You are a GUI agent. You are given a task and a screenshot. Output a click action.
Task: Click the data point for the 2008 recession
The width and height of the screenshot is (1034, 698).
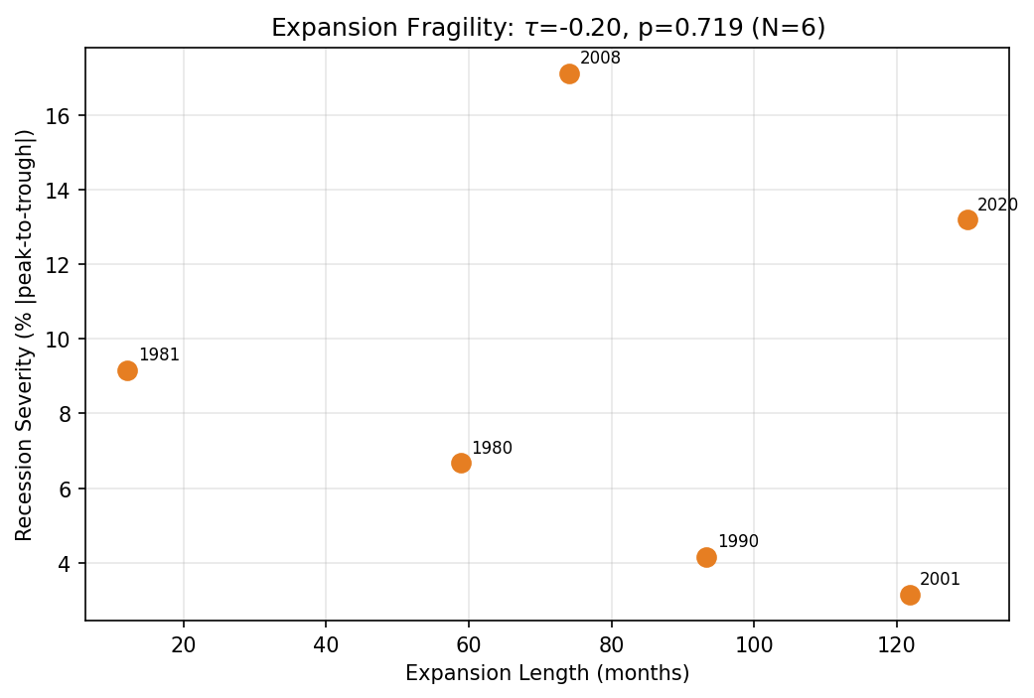pos(569,73)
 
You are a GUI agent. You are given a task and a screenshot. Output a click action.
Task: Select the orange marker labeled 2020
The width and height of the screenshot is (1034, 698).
pos(967,219)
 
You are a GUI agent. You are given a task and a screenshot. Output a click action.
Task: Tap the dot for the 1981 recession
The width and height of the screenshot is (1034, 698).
pos(127,370)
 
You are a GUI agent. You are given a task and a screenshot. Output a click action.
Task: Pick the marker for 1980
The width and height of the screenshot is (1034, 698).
pos(461,463)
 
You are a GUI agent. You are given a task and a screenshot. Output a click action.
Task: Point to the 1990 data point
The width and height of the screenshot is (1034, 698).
pos(706,557)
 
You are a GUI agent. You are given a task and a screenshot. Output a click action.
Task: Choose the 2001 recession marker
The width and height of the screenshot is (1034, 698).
pos(910,595)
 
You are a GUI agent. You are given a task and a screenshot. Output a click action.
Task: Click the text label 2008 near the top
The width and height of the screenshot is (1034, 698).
pos(600,59)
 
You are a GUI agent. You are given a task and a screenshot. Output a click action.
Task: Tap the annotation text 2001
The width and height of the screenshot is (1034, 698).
pos(940,580)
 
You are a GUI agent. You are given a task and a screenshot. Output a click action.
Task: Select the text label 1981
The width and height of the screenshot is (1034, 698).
pos(159,355)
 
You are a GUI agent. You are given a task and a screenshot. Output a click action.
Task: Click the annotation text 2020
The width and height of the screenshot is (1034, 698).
pos(997,206)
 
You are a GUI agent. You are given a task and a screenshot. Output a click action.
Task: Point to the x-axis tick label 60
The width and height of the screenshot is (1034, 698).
pos(469,644)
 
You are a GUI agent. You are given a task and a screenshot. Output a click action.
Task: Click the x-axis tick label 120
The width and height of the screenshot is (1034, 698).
pos(896,644)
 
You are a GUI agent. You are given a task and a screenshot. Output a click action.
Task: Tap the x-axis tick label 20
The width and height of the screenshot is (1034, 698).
pos(184,644)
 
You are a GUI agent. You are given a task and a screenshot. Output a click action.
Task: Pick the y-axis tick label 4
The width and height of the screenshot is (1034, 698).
pos(67,564)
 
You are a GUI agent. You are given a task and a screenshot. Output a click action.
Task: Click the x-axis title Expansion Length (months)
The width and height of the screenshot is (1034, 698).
pos(547,674)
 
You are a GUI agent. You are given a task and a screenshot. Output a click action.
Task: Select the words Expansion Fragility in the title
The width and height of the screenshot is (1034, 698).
pos(388,28)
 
